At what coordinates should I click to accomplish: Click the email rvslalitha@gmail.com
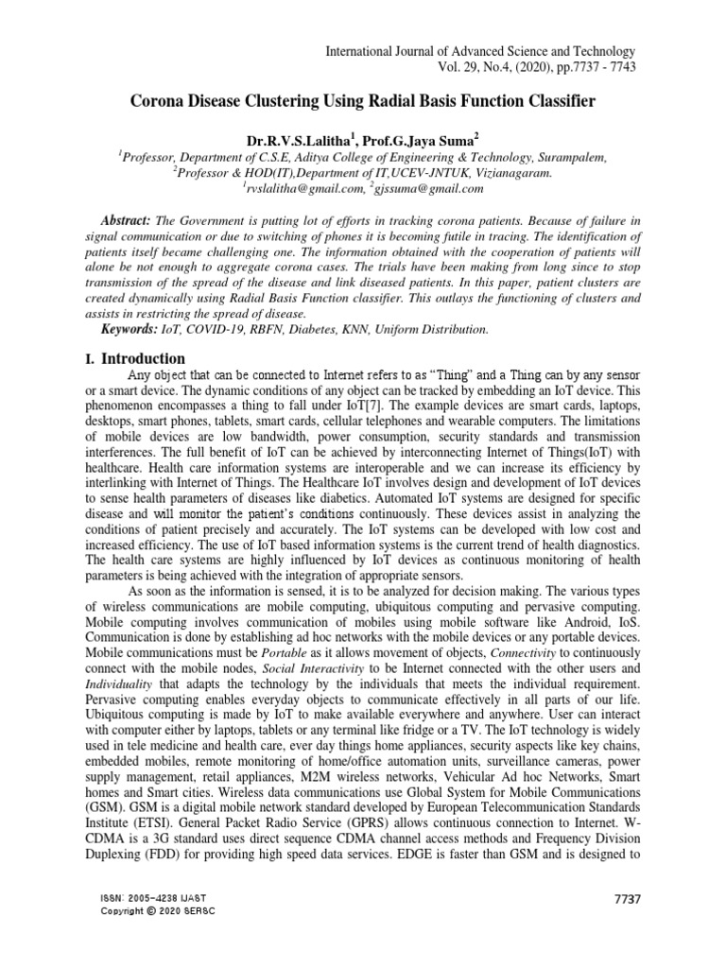298,190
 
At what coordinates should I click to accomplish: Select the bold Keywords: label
130,329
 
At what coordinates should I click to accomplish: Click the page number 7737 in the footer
628,898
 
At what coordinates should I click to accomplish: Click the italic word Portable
286,649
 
